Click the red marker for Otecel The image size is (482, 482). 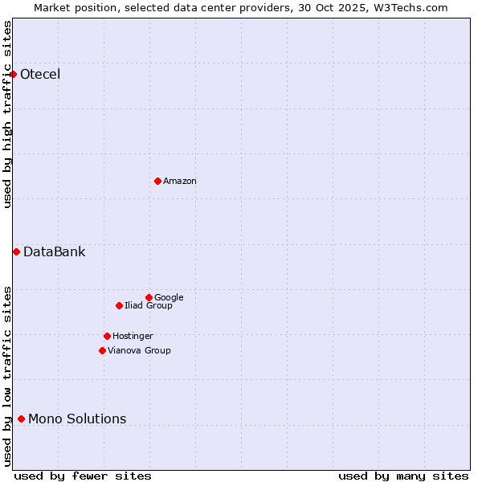[x=13, y=75]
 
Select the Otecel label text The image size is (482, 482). [x=40, y=75]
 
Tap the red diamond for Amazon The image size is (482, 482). [x=157, y=181]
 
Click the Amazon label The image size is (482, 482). [x=180, y=181]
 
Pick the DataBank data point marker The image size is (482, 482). [x=16, y=252]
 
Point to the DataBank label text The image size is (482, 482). [x=55, y=252]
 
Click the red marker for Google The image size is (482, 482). [x=149, y=297]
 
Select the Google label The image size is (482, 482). [x=169, y=297]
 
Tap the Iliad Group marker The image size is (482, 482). [x=119, y=305]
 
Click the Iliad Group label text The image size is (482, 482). [x=149, y=305]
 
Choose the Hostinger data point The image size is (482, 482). [x=107, y=336]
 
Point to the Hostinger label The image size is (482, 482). [x=133, y=336]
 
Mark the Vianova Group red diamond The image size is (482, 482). [x=102, y=350]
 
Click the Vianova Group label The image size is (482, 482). [x=139, y=350]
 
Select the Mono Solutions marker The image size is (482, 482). [x=21, y=419]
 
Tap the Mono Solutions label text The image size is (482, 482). [x=77, y=419]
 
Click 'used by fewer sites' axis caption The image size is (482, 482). [x=83, y=476]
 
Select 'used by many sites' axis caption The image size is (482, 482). [x=403, y=476]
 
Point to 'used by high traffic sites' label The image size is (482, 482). [x=7, y=114]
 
